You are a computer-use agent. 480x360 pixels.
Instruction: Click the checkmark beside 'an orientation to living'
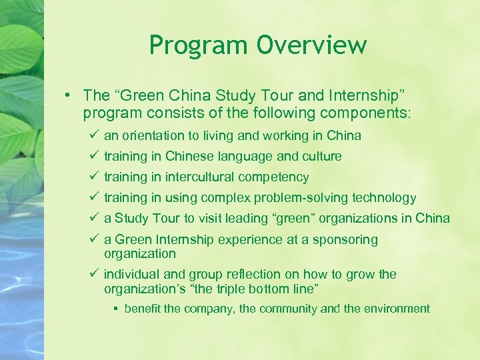[x=93, y=135]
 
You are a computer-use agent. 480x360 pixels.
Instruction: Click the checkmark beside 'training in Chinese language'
[x=93, y=156]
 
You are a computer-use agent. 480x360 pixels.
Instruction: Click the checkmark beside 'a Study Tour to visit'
[x=93, y=218]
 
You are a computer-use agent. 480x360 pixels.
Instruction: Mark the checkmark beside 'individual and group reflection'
[x=93, y=274]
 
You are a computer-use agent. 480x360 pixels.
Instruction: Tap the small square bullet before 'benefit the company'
[x=115, y=309]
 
